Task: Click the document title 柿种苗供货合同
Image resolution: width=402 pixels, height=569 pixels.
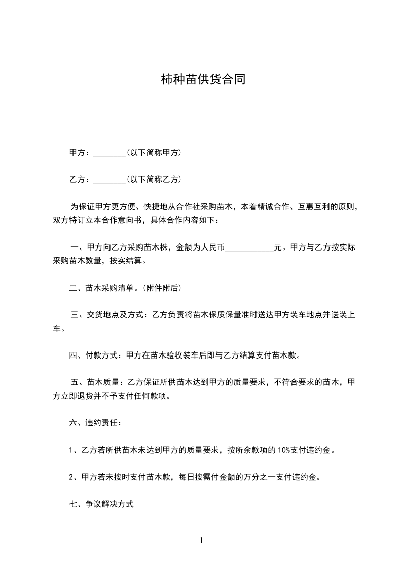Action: click(x=203, y=79)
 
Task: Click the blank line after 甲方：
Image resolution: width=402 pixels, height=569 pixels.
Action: click(x=109, y=153)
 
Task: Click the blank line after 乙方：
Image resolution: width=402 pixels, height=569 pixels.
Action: click(x=109, y=180)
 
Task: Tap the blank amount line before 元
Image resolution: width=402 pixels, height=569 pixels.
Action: click(x=249, y=248)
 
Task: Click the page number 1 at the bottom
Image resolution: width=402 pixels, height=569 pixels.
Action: click(x=201, y=540)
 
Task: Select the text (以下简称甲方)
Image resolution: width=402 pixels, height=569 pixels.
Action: click(x=154, y=152)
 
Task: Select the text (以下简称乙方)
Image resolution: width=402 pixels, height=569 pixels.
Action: click(x=154, y=179)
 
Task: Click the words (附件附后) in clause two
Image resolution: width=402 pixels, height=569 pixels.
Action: click(x=162, y=288)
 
